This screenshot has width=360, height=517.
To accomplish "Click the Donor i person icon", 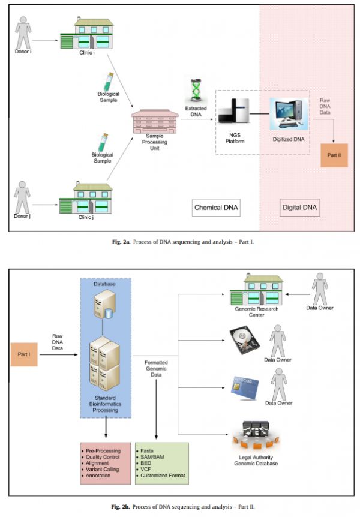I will click(23, 32).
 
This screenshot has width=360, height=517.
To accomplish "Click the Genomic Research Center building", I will click(256, 290).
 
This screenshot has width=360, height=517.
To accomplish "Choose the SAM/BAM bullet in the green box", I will click(152, 456).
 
